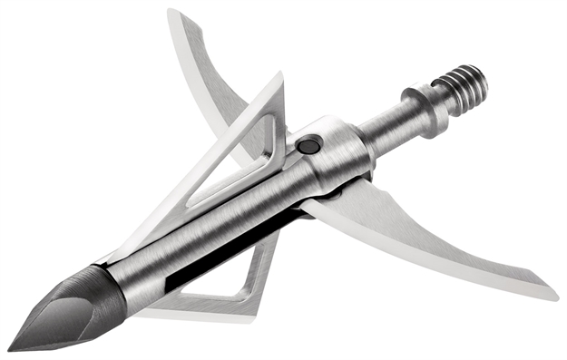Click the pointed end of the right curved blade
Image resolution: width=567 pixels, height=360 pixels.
[554, 295]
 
